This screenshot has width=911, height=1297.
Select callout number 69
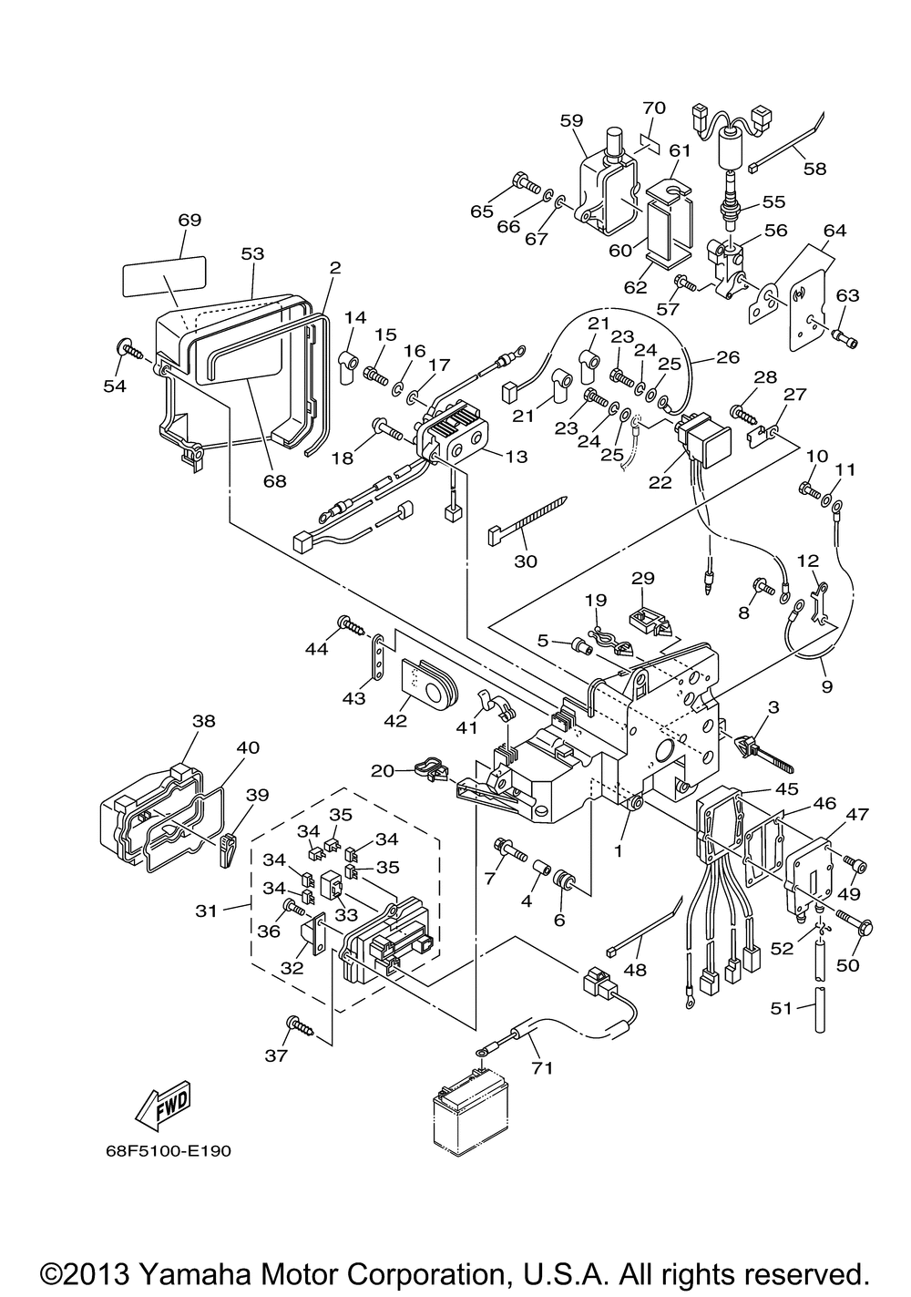point(189,221)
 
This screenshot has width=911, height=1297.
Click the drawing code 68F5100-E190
point(167,1150)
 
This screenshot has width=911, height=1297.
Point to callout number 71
point(543,1067)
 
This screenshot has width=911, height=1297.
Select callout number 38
point(203,720)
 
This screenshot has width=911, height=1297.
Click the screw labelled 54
point(129,349)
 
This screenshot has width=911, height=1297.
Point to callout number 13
point(516,457)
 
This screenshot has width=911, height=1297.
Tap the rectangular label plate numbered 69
point(164,276)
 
